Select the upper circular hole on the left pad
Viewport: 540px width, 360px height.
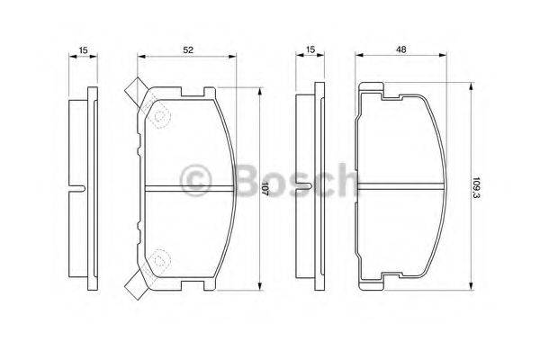pyautogui.click(x=162, y=116)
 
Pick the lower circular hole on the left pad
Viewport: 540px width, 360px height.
pyautogui.click(x=162, y=260)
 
